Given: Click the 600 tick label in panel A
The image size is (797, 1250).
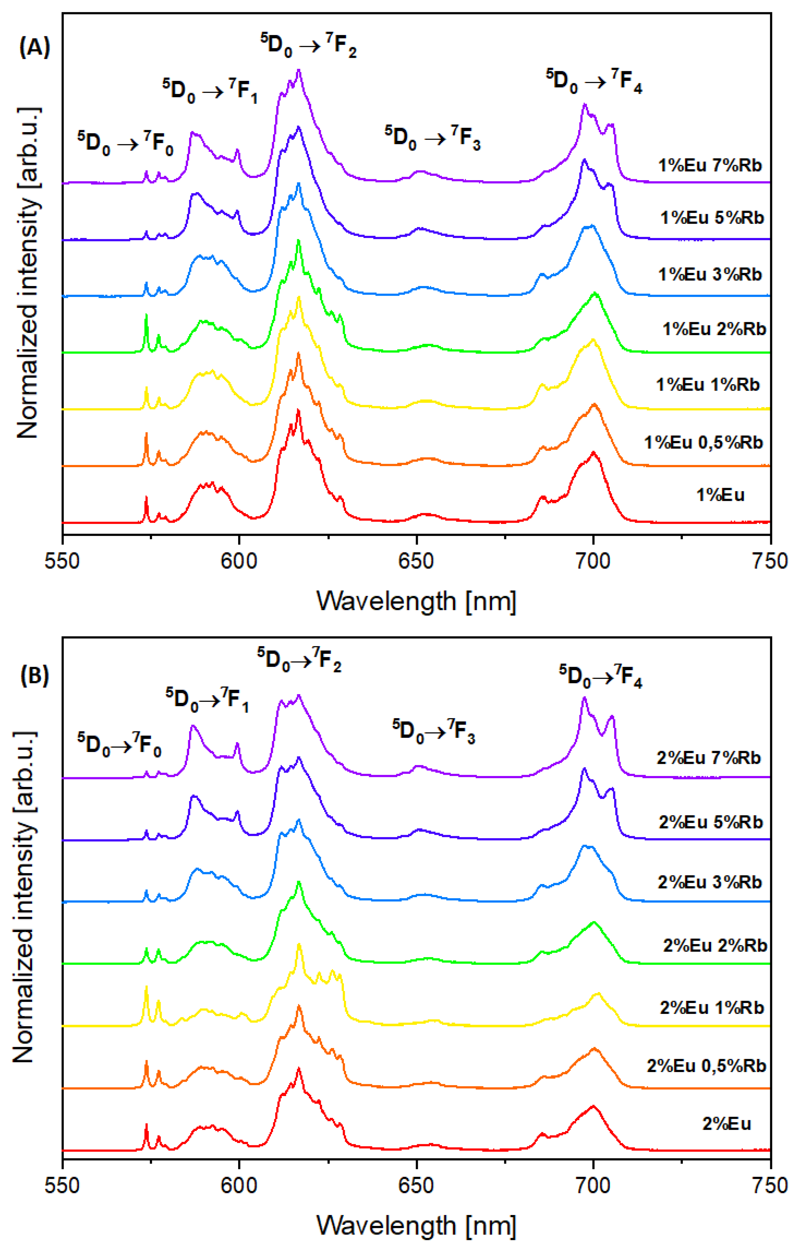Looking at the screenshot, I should (x=239, y=561).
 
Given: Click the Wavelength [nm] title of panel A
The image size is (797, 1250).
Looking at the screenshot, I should (x=416, y=602).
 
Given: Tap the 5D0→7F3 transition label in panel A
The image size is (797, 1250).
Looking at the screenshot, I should (x=432, y=138).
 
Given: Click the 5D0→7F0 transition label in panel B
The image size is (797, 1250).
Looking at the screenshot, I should (x=119, y=744).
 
